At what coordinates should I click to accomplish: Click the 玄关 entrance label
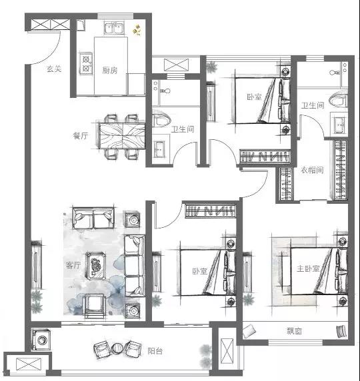54,69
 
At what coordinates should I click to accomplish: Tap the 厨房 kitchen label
110,70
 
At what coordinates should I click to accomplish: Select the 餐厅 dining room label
81,136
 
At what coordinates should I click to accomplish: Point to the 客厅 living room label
73,265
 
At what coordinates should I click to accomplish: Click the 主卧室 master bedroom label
308,268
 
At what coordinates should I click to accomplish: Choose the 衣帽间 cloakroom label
312,170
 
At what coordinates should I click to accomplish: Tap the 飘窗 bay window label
294,331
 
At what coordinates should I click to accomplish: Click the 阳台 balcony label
155,351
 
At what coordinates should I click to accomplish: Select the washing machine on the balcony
41,340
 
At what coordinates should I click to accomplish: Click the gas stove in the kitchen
86,64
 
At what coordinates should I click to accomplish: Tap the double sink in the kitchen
114,28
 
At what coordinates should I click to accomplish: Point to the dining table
122,136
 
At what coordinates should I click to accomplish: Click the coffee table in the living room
96,266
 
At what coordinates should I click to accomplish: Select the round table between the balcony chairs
118,348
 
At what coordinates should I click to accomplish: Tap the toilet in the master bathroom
338,101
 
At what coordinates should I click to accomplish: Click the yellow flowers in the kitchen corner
136,30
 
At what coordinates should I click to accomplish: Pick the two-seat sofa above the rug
93,218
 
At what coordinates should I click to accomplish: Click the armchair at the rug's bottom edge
95,306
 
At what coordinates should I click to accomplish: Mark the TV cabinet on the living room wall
36,264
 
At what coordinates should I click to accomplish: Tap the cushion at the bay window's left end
249,332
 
